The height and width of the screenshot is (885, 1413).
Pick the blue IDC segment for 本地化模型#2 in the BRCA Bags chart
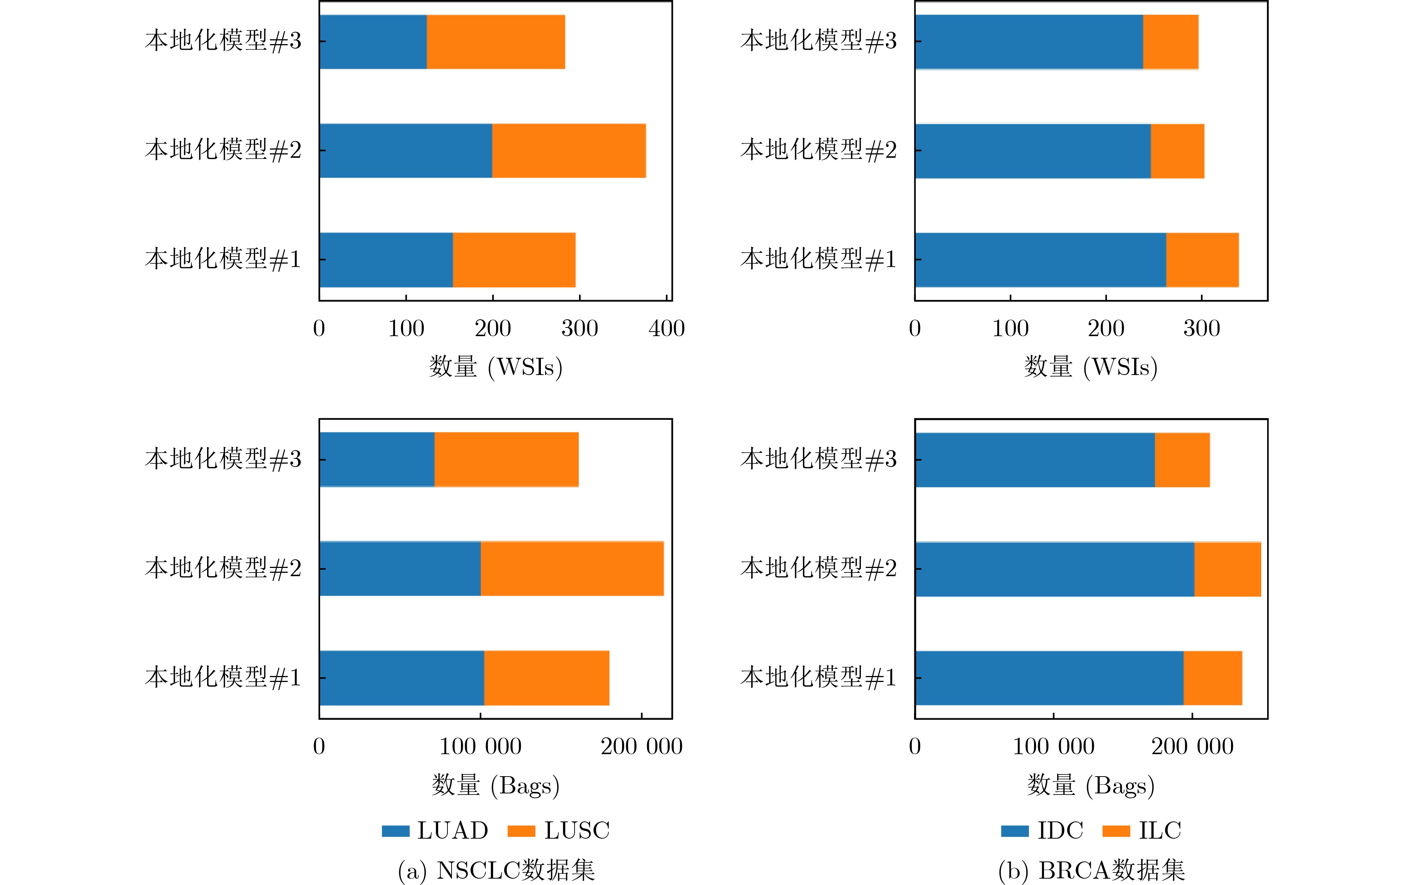(1055, 569)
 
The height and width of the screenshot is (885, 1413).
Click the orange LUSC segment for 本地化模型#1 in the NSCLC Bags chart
(547, 678)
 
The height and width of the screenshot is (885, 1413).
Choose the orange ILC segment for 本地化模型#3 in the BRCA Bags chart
(1182, 460)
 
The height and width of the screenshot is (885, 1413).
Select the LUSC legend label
(577, 830)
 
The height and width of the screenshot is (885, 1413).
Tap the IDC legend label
(1060, 830)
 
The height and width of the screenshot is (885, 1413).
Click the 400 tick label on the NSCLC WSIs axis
(667, 328)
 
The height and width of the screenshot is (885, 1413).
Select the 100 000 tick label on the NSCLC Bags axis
(480, 746)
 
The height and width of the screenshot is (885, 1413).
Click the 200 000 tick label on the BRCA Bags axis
(1192, 746)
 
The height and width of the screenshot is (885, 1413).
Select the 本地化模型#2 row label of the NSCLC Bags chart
(223, 568)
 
